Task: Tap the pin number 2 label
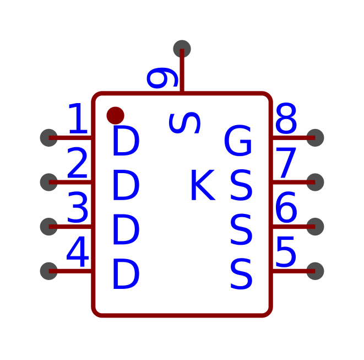point(77,163)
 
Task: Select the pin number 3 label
point(78,207)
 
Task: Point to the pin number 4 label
point(78,251)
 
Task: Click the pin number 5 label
point(286,252)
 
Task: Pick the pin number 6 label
point(286,207)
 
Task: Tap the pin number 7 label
point(286,163)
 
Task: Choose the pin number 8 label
point(286,119)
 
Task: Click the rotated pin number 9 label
point(162,78)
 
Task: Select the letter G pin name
point(238,140)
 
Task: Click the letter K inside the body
point(203,185)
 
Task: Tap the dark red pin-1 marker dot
point(116,116)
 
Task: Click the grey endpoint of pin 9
point(182,49)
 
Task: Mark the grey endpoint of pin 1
point(49,138)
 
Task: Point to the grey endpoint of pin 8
point(315,138)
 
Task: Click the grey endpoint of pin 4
point(49,271)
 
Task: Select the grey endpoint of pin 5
point(315,271)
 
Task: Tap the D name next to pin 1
point(126,141)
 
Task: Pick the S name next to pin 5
point(241,274)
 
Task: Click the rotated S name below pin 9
point(184,123)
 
